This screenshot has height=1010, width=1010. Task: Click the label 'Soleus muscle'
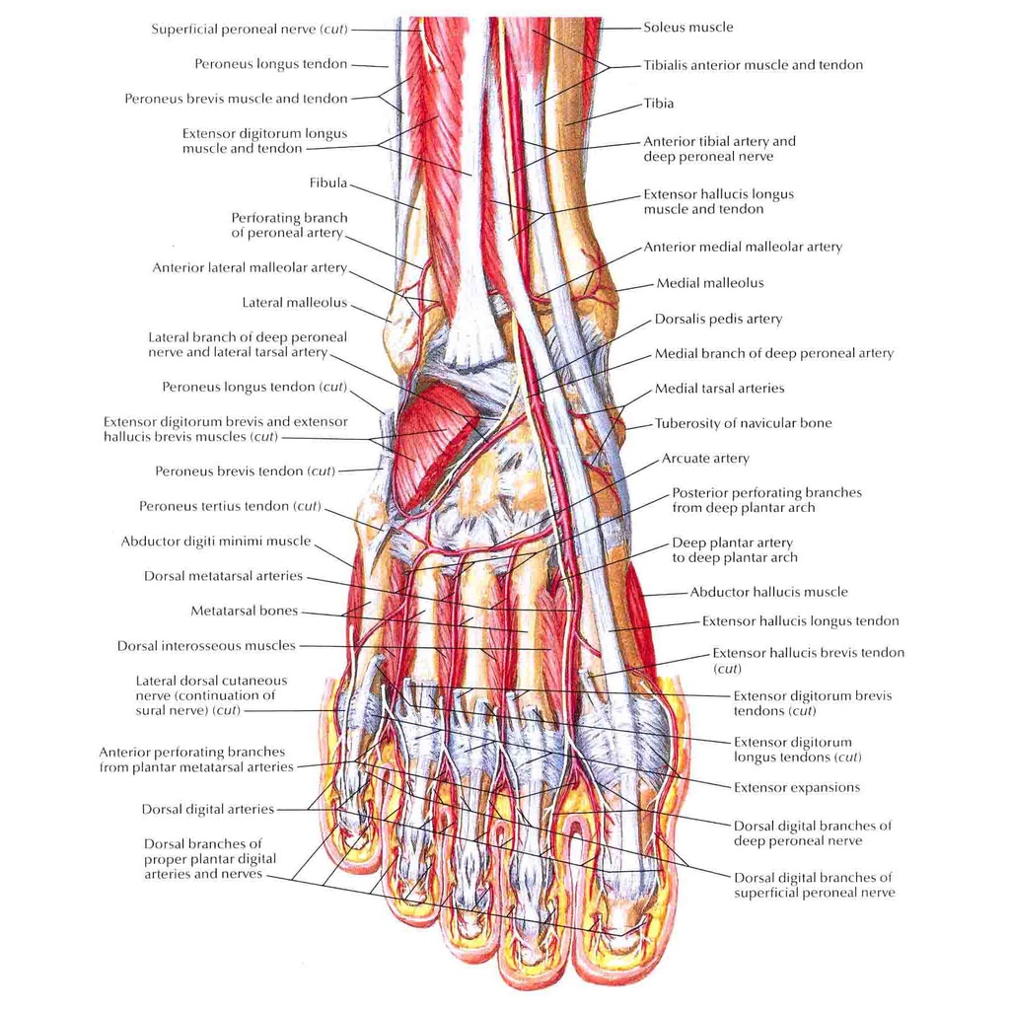click(x=688, y=28)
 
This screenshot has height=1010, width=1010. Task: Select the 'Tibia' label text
click(x=659, y=103)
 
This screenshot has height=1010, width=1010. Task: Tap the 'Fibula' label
click(x=328, y=182)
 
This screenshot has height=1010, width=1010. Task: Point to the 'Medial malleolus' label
click(x=710, y=283)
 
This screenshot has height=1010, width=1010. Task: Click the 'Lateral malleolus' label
click(x=295, y=303)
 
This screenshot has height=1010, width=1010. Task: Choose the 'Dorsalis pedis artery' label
click(x=718, y=319)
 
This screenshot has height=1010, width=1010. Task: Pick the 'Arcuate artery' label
click(x=705, y=459)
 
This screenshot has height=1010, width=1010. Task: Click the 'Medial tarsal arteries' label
click(x=720, y=389)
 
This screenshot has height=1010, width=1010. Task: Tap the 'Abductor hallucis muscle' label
click(x=768, y=592)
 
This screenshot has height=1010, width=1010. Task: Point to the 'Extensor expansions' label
click(x=797, y=787)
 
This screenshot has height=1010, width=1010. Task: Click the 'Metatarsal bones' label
click(x=245, y=612)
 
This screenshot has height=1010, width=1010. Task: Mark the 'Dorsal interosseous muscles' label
click(x=206, y=646)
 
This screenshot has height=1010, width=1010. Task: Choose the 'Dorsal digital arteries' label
click(x=208, y=809)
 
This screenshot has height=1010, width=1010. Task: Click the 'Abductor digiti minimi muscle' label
click(x=216, y=541)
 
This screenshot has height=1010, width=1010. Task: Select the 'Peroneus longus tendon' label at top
click(x=271, y=64)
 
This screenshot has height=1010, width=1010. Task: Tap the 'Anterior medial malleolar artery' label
click(x=743, y=247)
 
